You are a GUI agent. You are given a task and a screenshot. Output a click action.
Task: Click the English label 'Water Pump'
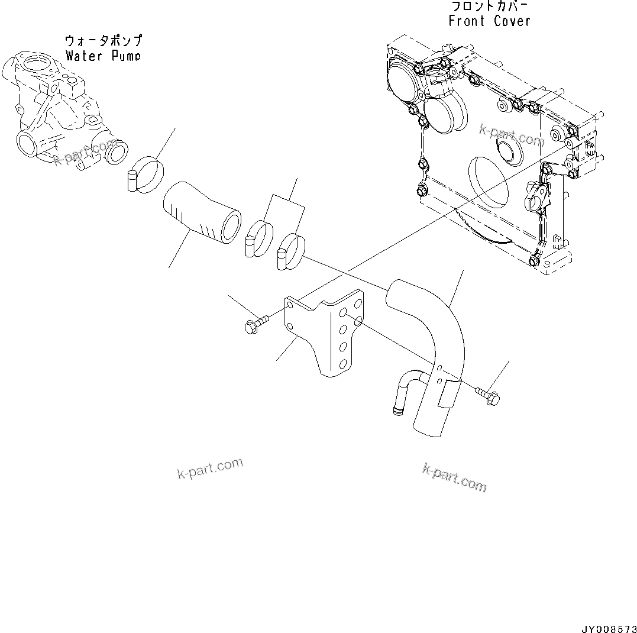coord(104,56)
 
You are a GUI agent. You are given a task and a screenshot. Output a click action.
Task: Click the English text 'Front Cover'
coord(489,21)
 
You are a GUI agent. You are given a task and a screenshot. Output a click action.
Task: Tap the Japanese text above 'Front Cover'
coord(490,7)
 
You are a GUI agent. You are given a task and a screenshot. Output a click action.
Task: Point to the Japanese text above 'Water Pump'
coord(104,41)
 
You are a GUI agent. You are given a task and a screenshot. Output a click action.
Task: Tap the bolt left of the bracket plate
coord(254,323)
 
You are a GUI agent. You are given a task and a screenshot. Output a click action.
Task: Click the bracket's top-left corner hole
coord(289,305)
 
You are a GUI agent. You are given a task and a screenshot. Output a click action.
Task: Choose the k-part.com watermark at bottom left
coord(210,469)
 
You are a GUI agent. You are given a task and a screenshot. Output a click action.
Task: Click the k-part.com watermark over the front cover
coord(511,135)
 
